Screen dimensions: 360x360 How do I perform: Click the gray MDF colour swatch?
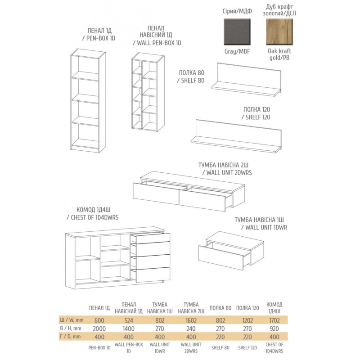click(237, 32)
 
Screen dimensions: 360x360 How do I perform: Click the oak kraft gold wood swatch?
click(279, 32)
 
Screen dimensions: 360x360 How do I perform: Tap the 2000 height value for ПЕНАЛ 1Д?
click(99, 328)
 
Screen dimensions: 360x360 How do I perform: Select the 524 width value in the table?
click(129, 320)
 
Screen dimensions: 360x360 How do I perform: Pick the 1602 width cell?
click(191, 320)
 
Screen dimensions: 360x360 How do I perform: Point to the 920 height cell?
click(274, 328)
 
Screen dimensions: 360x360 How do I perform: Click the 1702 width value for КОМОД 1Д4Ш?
click(274, 320)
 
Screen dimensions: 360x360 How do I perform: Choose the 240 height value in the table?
click(191, 328)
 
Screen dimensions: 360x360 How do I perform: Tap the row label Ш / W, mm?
click(72, 320)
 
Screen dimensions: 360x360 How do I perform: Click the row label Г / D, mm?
click(71, 337)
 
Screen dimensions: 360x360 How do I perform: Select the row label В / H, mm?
click(71, 328)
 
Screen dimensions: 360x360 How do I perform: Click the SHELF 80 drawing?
click(246, 79)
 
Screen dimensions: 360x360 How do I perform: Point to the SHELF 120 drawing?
click(236, 136)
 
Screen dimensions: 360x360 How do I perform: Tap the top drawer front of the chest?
click(153, 238)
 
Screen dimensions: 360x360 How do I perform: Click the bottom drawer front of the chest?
click(153, 274)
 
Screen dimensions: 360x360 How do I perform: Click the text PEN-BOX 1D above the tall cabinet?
click(99, 38)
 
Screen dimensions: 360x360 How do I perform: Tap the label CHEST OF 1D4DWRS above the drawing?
click(92, 217)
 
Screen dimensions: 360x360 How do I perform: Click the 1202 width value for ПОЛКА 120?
click(247, 320)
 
